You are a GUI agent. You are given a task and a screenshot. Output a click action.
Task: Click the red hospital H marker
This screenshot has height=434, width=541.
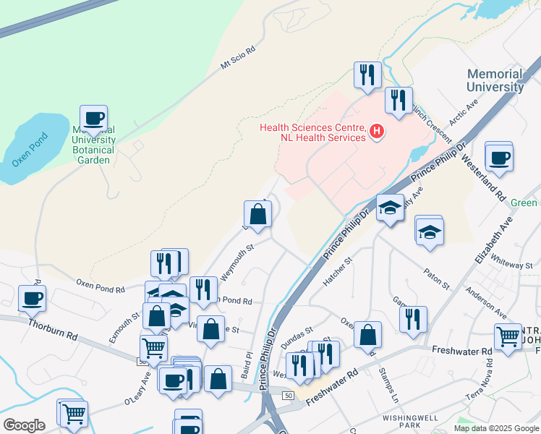point(377,132)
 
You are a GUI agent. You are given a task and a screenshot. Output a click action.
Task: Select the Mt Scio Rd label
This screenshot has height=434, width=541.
point(238,60)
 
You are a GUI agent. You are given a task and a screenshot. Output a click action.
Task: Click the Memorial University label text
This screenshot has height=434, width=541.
point(495,80)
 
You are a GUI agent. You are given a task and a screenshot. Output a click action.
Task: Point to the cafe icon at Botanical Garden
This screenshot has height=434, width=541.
point(93,118)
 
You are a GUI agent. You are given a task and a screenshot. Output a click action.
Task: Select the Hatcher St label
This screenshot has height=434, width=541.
point(337,271)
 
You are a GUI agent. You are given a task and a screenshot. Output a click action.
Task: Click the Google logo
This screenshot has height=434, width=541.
point(24,425)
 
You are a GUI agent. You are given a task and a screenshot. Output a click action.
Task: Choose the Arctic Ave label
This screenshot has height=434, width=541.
point(464,114)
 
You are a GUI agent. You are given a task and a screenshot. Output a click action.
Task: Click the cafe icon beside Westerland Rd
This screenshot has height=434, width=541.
point(499,157)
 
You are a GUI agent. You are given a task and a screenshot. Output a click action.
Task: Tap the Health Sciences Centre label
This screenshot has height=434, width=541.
point(312,132)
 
